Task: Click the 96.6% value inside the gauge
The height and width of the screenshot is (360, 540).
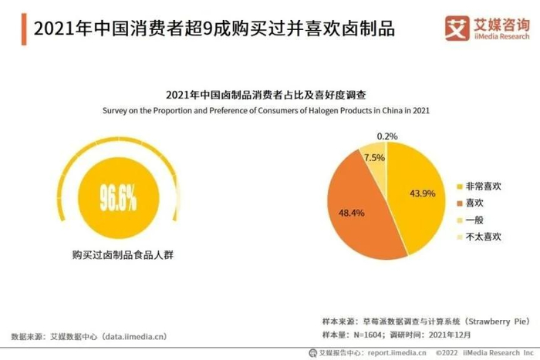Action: click(x=118, y=198)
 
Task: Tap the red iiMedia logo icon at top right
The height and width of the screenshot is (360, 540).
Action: click(x=457, y=28)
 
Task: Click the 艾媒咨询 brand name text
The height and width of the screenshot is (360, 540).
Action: click(x=501, y=23)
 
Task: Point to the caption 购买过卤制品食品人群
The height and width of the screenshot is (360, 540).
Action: click(x=118, y=254)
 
